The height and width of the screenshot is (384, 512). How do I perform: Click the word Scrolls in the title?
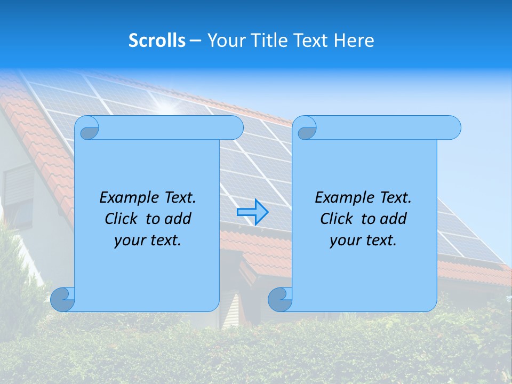(157, 41)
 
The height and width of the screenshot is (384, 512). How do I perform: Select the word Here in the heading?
(354, 41)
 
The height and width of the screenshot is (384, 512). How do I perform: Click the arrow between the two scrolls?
(252, 212)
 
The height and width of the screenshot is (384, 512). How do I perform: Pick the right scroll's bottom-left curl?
(280, 299)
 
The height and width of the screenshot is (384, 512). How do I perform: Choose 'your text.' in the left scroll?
(148, 241)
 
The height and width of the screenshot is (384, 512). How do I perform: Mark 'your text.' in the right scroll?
(363, 241)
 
